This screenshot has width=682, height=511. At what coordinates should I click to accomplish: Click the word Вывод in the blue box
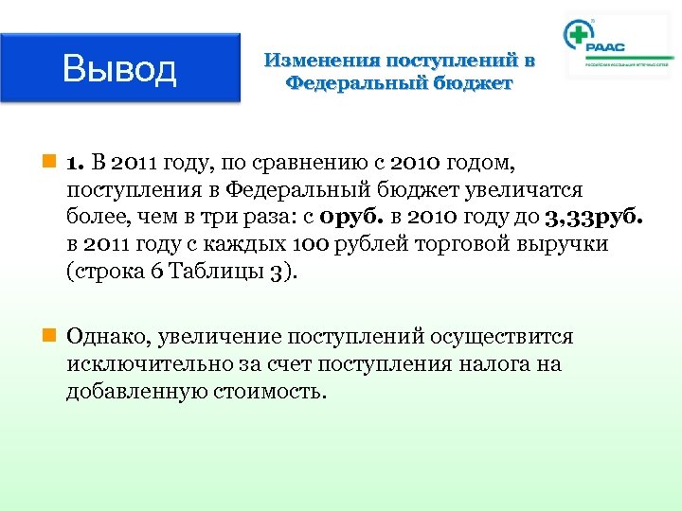pyautogui.click(x=119, y=69)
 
